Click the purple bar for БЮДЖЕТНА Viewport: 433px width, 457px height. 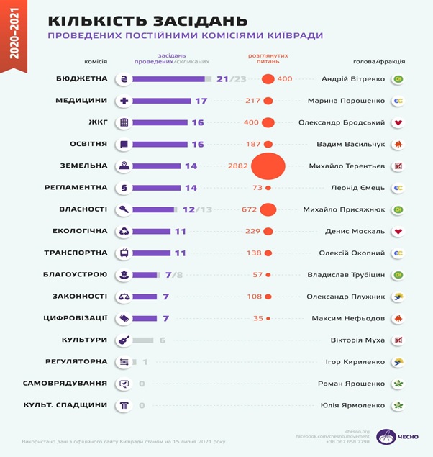[168, 79]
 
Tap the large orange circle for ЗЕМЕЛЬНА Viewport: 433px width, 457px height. [267, 166]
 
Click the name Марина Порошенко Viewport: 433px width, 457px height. [346, 101]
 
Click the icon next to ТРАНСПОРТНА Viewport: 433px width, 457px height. [124, 253]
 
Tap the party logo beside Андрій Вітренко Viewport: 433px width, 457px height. [398, 79]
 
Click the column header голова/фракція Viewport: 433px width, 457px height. [379, 61]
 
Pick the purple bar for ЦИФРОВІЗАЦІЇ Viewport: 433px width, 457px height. [145, 318]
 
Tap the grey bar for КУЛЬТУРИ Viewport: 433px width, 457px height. [144, 340]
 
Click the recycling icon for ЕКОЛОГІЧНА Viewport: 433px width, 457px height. [124, 232]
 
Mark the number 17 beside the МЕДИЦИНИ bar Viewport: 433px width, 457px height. [201, 101]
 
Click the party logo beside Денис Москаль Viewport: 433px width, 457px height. [398, 232]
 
